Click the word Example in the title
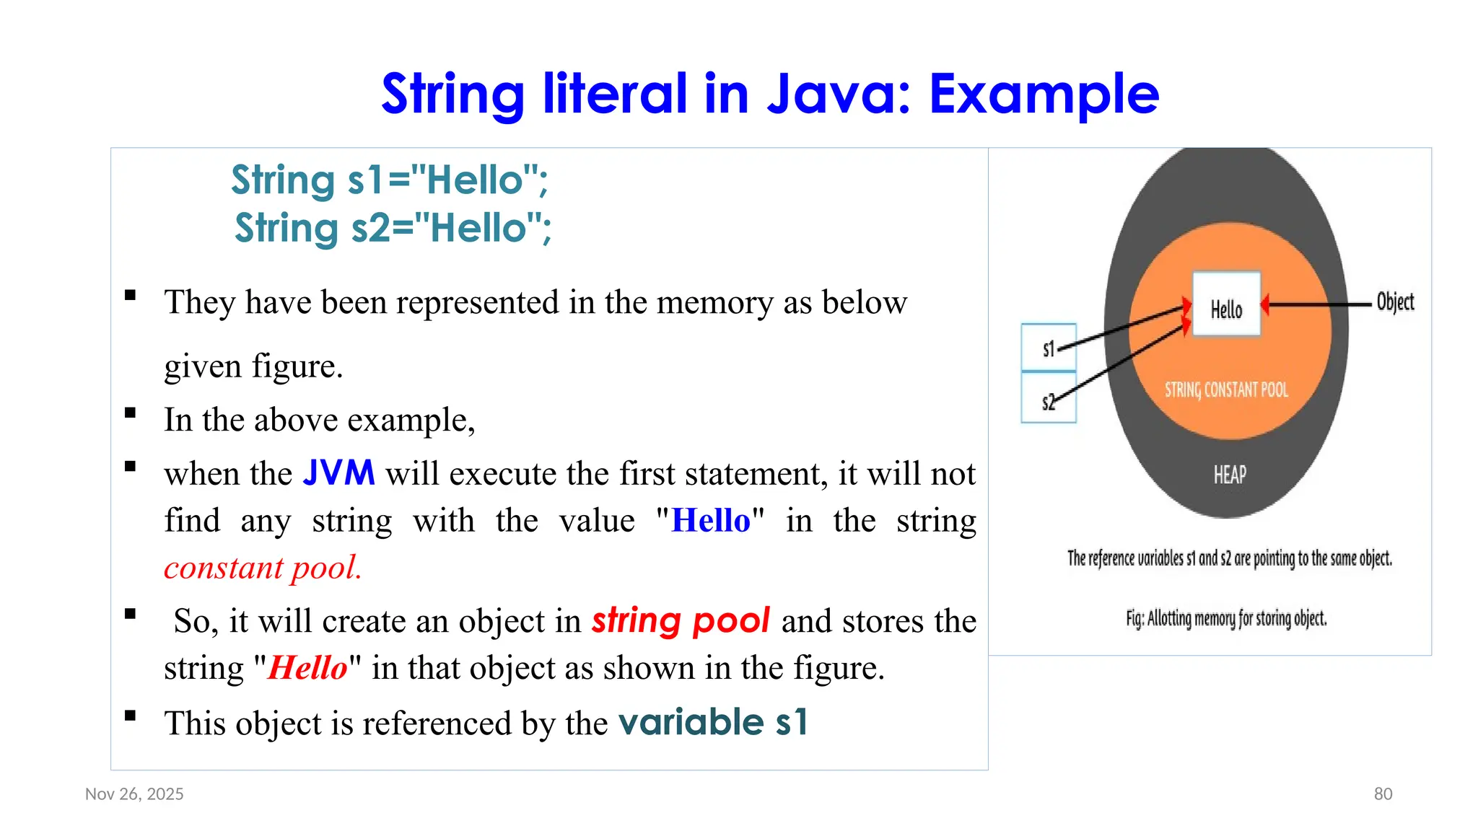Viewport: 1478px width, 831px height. coord(1044,94)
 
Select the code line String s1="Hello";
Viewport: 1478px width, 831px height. coord(390,180)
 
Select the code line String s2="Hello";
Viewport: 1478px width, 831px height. coord(393,228)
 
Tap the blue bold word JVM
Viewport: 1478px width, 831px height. coord(338,474)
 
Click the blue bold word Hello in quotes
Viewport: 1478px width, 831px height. coord(710,521)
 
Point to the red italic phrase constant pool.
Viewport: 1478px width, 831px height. coord(263,568)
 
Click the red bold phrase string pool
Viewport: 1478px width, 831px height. coord(681,621)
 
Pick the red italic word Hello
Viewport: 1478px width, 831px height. coord(307,668)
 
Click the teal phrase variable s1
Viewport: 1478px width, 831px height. coord(713,723)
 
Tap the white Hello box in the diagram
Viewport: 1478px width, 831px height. coord(1225,305)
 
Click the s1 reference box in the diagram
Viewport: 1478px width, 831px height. coord(1048,348)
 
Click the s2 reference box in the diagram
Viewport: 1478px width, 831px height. coord(1048,399)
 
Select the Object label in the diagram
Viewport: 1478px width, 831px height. coord(1394,302)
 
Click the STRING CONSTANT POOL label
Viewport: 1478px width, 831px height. coord(1225,390)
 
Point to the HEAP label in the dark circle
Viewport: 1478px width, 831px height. coord(1229,475)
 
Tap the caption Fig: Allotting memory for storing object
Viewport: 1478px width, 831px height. coord(1225,618)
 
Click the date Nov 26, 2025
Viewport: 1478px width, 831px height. coord(134,794)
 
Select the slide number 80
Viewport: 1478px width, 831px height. coord(1383,794)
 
